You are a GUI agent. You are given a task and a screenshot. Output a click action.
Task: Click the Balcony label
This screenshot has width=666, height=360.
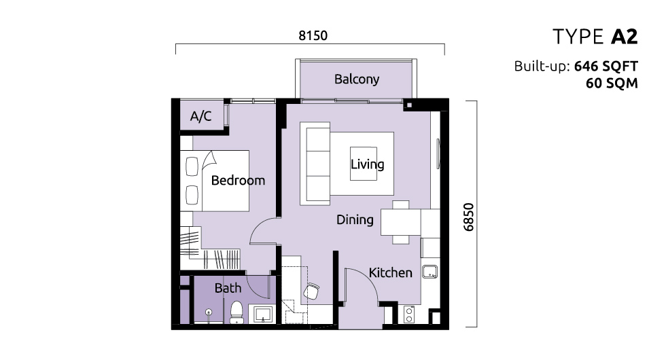[356, 79]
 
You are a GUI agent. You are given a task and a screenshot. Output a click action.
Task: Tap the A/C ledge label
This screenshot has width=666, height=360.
[200, 116]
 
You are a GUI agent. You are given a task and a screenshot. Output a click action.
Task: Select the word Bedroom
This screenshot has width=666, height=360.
[238, 181]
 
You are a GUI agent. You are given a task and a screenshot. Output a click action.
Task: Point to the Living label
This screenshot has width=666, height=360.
[368, 164]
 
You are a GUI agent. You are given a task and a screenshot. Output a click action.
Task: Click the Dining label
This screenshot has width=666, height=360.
[355, 220]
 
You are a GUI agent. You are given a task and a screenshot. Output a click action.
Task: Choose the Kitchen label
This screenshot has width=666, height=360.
[390, 272]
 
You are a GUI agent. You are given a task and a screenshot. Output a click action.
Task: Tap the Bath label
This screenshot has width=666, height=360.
[228, 288]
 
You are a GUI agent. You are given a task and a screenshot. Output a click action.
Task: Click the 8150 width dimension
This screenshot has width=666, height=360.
[313, 35]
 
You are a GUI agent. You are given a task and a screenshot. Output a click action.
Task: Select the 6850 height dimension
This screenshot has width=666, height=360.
[468, 217]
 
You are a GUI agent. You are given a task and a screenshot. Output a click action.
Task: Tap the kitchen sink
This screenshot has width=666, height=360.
[430, 272]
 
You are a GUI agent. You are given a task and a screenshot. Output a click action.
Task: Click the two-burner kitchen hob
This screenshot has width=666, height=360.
[409, 314]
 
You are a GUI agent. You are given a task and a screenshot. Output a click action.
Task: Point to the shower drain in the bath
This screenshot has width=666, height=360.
[208, 312]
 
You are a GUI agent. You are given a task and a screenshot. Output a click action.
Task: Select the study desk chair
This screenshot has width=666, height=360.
[311, 291]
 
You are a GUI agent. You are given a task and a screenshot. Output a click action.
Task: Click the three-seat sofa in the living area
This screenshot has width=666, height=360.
[315, 164]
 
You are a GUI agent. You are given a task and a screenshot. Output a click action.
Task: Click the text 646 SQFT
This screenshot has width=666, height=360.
[606, 67]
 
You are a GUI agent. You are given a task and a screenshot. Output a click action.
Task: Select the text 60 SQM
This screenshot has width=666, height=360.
[612, 83]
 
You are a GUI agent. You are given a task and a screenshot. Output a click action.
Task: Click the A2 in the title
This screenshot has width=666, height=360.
[625, 37]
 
